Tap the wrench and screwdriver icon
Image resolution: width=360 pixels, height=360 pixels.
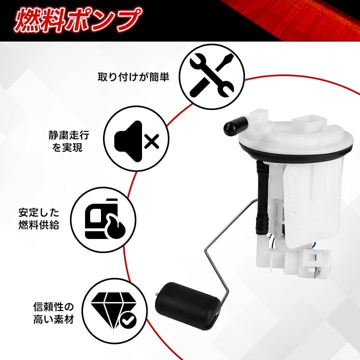[211, 76]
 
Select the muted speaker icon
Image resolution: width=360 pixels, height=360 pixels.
[137, 140]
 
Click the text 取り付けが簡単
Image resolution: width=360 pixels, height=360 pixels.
[133, 76]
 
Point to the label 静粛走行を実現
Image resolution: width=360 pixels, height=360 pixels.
[68, 141]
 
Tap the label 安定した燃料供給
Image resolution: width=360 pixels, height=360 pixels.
[39, 218]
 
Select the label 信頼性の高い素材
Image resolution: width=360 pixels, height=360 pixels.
[53, 312]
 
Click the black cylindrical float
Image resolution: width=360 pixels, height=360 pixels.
[187, 304]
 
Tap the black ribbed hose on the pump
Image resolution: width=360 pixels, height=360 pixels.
[262, 198]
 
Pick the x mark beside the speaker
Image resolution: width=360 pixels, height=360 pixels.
[151, 141]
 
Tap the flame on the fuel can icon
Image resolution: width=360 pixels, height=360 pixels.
[116, 227]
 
